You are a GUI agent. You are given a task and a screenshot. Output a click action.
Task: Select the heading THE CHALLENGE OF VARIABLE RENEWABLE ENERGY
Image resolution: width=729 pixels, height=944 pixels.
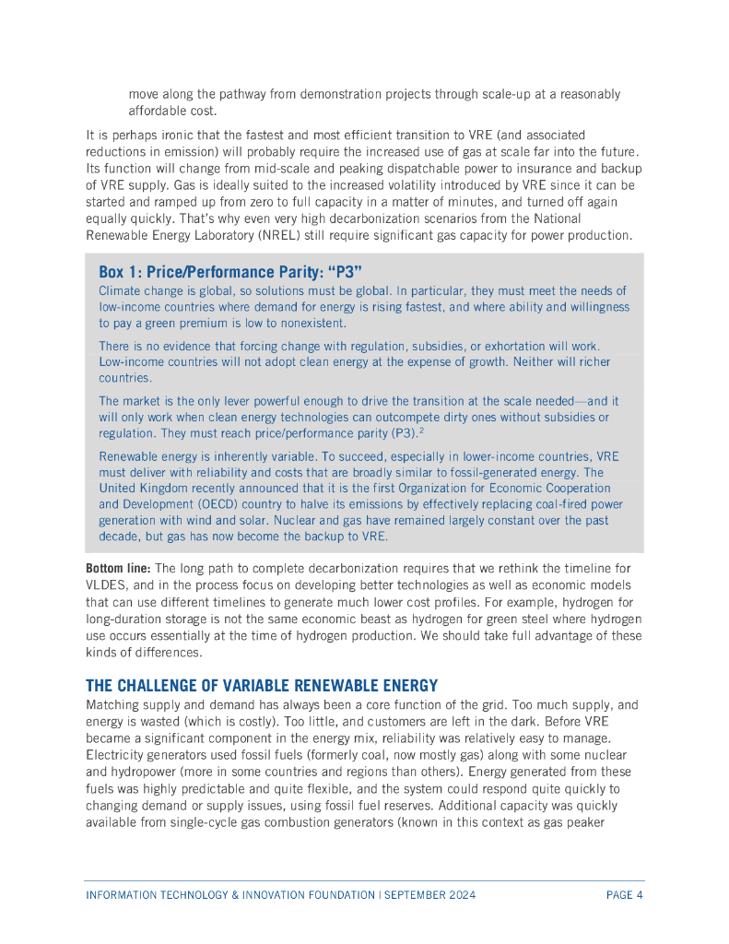pyautogui.click(x=262, y=686)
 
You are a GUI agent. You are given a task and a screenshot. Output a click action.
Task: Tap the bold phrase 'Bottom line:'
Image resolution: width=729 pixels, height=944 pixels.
pyautogui.click(x=112, y=567)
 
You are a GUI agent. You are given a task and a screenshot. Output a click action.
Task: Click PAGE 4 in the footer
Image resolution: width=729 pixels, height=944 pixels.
pyautogui.click(x=624, y=895)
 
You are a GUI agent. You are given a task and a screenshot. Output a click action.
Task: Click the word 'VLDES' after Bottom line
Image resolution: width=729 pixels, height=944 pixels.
pyautogui.click(x=104, y=584)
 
